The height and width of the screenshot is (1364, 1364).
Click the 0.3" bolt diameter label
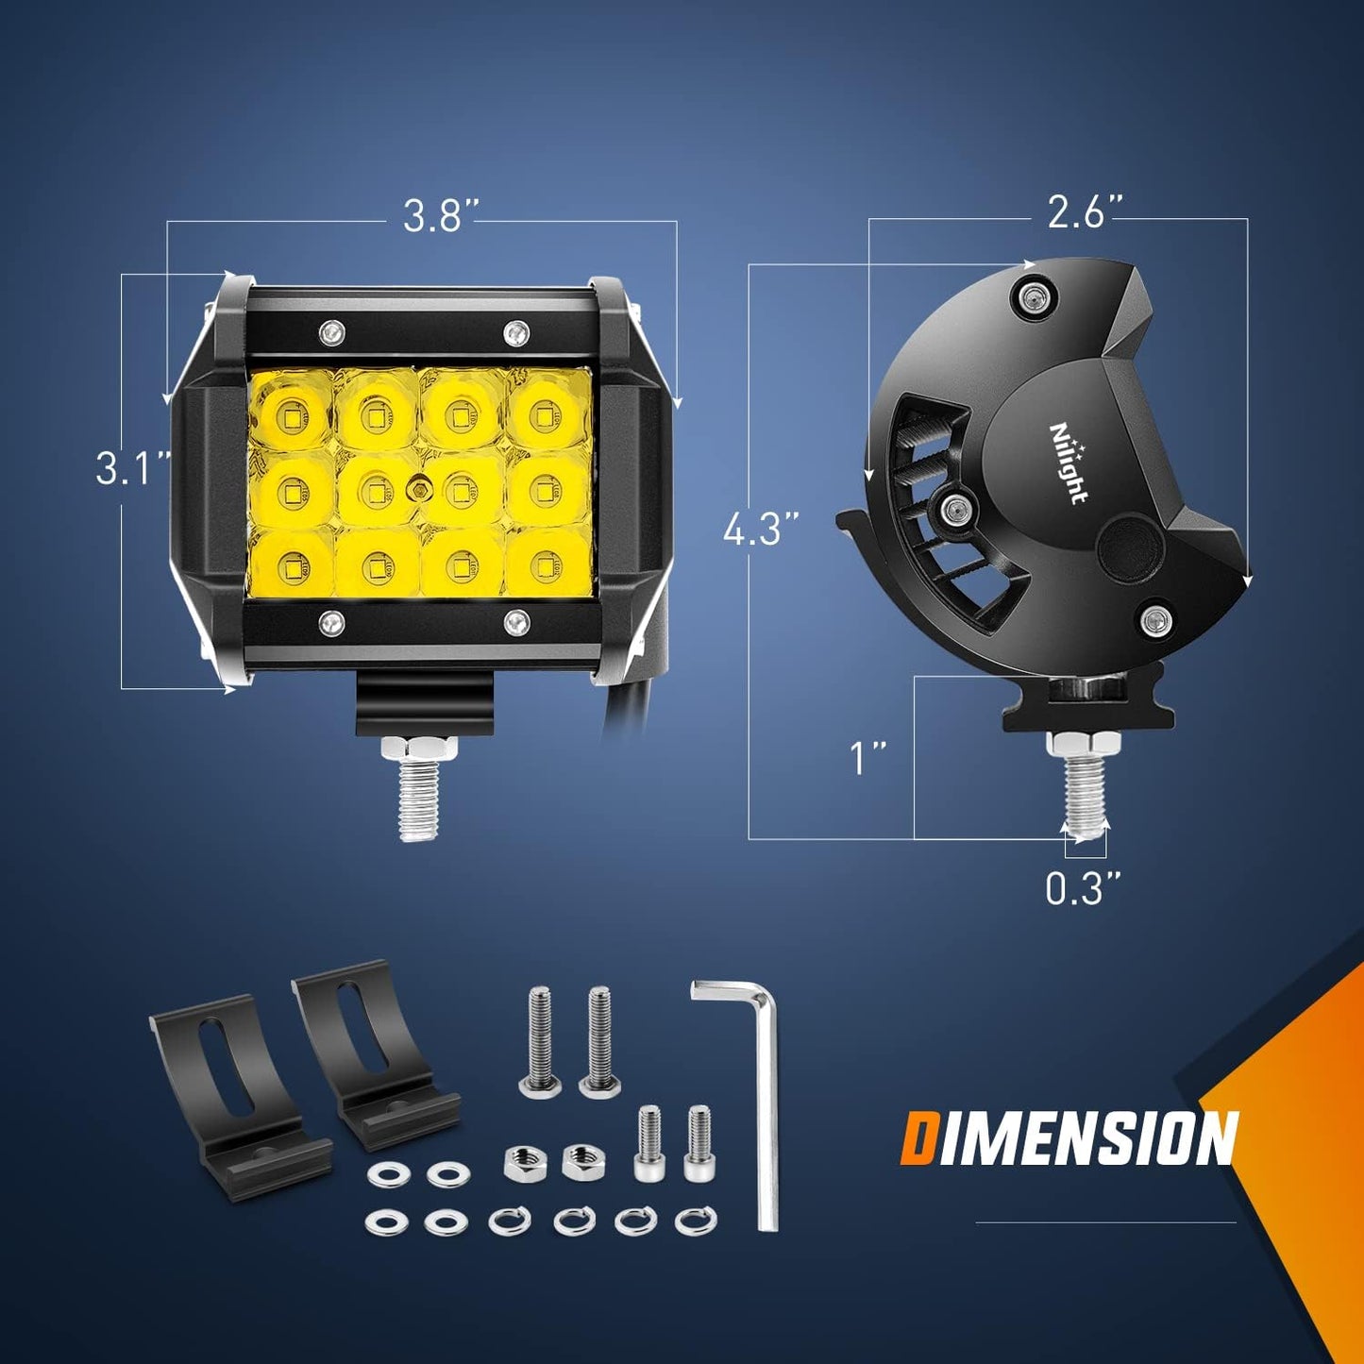click(1084, 888)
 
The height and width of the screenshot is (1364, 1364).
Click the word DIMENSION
click(1069, 1139)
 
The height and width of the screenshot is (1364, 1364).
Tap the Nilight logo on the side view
click(1069, 463)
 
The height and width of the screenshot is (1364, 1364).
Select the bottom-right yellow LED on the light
click(545, 564)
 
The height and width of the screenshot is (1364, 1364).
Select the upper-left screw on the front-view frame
click(331, 331)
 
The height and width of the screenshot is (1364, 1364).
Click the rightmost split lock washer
click(696, 1219)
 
